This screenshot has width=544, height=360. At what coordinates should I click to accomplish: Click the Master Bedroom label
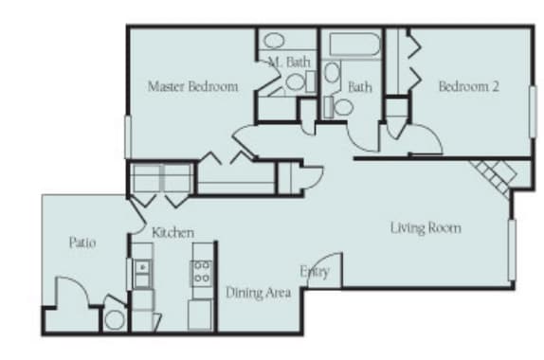[192, 86]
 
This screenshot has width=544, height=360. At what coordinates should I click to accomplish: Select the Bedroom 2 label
[468, 86]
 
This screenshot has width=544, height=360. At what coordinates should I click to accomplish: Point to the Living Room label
[426, 227]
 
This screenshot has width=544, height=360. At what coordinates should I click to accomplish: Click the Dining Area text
[257, 293]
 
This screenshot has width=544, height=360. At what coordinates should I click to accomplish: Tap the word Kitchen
[173, 232]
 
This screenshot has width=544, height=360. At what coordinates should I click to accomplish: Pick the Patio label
[82, 243]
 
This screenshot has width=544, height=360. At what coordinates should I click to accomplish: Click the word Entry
[314, 272]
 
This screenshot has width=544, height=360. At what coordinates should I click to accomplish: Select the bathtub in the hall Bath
[351, 45]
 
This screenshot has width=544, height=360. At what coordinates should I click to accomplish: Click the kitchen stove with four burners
[202, 273]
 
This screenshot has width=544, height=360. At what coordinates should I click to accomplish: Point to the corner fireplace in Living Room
[494, 173]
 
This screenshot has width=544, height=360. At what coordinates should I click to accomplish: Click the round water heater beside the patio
[115, 319]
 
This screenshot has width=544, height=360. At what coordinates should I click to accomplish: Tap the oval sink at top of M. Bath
[274, 41]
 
